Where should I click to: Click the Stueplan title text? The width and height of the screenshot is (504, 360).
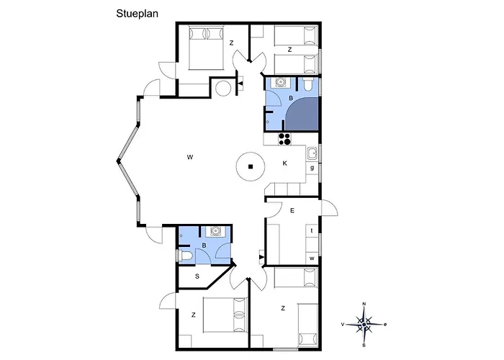coord(138,14)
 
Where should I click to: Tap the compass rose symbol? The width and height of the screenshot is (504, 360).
coord(364,325)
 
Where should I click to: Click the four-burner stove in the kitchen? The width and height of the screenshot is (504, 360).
coord(285,139)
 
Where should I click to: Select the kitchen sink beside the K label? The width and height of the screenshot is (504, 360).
coord(312,154)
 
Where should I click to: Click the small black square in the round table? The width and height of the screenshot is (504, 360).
coord(251,166)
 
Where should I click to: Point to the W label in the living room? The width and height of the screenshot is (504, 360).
coord(190,157)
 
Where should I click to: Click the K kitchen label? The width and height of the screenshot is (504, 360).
coord(285,163)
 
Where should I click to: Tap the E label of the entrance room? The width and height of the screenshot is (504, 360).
coord(292,210)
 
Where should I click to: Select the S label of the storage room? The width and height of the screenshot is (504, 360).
coord(197,276)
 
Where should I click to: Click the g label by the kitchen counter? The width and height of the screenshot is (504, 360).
coord(312,168)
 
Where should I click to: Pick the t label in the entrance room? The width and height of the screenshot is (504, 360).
coord(312,230)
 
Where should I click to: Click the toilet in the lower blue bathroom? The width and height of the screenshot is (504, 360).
coord(185,256)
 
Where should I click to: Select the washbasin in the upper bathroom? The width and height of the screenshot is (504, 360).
coord(281,82)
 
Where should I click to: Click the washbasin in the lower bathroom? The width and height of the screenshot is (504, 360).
coord(215,231)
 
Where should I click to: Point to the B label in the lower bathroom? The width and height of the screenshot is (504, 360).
coord(204,246)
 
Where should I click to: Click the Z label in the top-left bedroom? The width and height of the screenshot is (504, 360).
coord(231,42)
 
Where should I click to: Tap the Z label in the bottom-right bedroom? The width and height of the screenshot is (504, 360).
coord(283,308)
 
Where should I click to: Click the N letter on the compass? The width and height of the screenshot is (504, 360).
coord(364,304)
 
